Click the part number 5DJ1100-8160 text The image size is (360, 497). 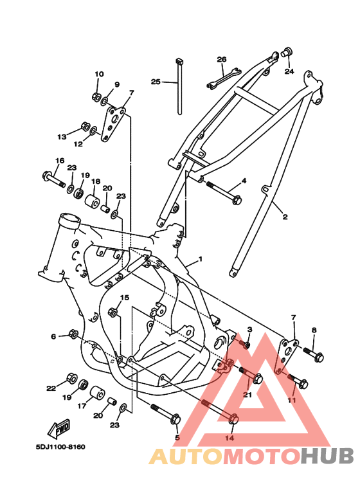[x=60, y=447]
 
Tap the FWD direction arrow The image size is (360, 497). [x=59, y=428]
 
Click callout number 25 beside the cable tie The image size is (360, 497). [x=156, y=82]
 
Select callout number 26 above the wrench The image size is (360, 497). [x=222, y=59]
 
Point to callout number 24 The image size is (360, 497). [x=289, y=71]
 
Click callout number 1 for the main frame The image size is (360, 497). [x=201, y=259]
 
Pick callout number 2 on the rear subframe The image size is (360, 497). [x=285, y=217]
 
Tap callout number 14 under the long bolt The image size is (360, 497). [x=230, y=438]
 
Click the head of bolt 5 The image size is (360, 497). [x=175, y=420]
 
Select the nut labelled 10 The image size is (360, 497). [x=96, y=96]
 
